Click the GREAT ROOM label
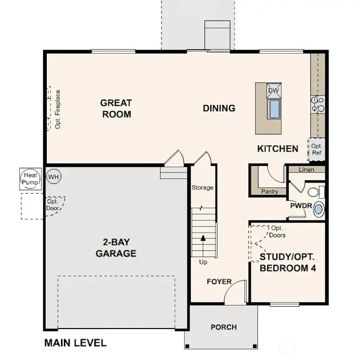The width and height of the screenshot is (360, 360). click(116, 108)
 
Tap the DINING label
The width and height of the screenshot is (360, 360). click(219, 108)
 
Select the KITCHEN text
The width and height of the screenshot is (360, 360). click(278, 149)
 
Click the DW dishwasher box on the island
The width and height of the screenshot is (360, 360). click(273, 91)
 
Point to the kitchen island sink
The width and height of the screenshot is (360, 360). click(274, 109)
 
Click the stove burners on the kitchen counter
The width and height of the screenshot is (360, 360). click(318, 104)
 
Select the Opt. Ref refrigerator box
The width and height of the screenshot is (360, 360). click(317, 149)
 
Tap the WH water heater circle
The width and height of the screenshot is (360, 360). click(54, 177)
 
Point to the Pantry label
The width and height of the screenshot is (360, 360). click(270, 192)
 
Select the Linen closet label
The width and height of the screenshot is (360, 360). click(306, 170)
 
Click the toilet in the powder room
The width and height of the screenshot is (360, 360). click(315, 192)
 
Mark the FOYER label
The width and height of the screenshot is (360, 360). click(219, 282)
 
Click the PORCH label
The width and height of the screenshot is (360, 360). click(224, 327)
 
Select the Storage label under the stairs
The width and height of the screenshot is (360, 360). click(203, 187)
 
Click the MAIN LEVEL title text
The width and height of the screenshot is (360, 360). click(75, 342)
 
